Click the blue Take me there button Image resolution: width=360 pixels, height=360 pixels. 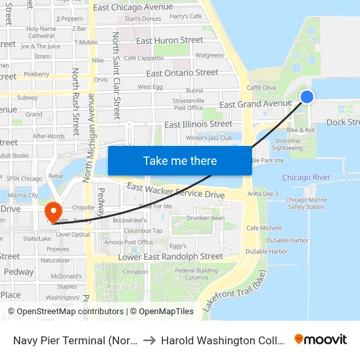click(180, 160)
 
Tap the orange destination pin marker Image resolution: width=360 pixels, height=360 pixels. click(53, 212)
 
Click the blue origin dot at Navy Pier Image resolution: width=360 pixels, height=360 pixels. click(306, 97)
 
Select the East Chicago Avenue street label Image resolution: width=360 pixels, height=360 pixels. click(133, 7)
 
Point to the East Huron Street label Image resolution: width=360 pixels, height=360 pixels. click(169, 40)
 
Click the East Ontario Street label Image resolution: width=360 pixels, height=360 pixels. click(182, 73)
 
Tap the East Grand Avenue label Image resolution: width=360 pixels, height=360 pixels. click(255, 104)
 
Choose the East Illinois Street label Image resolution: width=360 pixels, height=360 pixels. click(198, 124)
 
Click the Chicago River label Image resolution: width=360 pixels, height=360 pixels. click(306, 177)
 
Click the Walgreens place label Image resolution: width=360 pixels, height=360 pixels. click(209, 56)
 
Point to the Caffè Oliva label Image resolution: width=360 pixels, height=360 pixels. click(261, 88)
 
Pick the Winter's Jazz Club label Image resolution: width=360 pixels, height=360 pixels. click(209, 137)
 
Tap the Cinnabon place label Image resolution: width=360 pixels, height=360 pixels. click(135, 272)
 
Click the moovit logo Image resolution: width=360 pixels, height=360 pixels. click(321, 339)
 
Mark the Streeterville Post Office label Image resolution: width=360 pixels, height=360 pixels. click(188, 104)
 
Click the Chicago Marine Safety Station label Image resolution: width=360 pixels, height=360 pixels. click(306, 204)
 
